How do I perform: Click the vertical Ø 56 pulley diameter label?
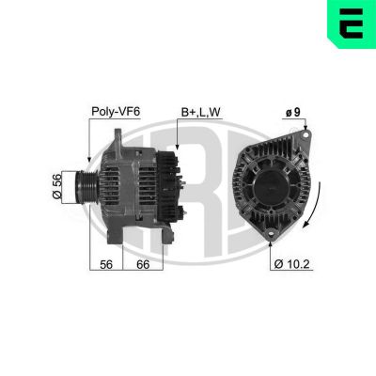click(x=56, y=186)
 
